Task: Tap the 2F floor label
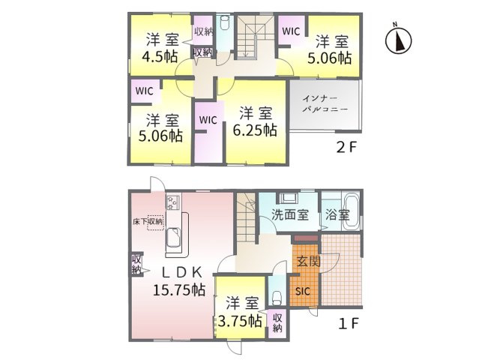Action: pyautogui.click(x=346, y=148)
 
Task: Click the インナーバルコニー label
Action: pyautogui.click(x=325, y=104)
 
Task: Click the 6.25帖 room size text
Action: pyautogui.click(x=255, y=129)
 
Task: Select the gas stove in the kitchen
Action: pyautogui.click(x=172, y=202)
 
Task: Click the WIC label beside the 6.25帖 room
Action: pyautogui.click(x=208, y=119)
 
